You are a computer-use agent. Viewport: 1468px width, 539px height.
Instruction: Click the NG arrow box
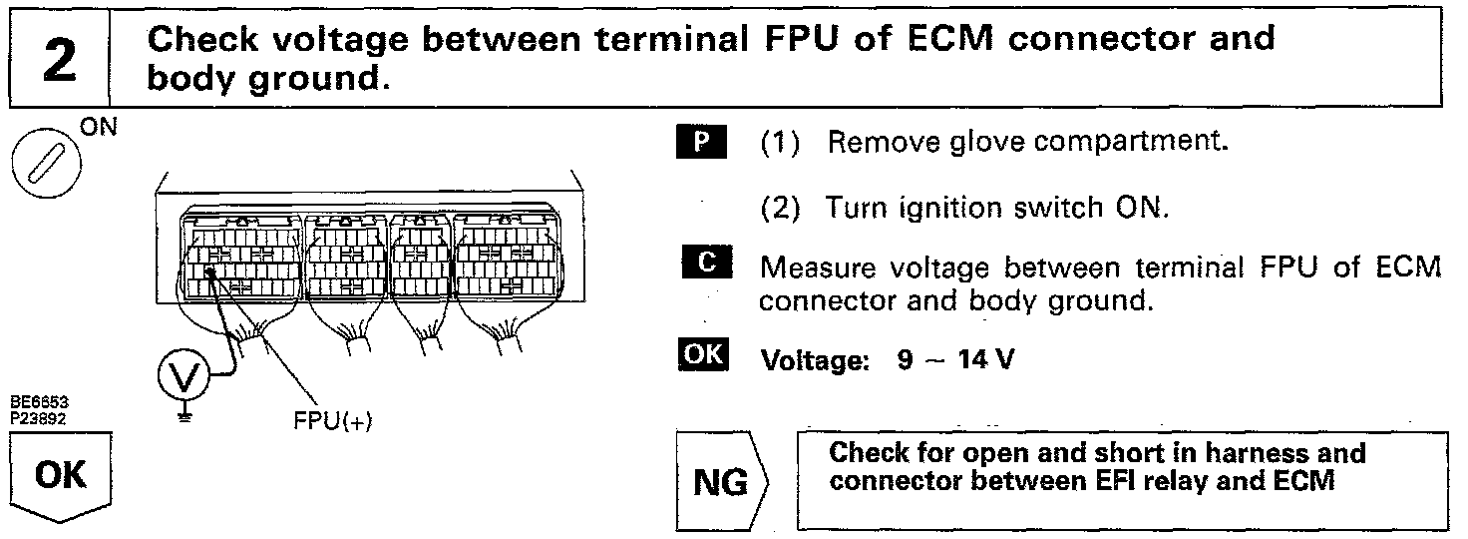(x=718, y=482)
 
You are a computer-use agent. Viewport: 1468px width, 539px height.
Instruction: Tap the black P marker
(x=702, y=142)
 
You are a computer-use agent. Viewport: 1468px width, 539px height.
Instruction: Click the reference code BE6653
(x=34, y=401)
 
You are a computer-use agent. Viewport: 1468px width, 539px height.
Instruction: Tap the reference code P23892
(x=34, y=411)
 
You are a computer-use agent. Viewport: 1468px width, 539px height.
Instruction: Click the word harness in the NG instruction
(x=1231, y=453)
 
